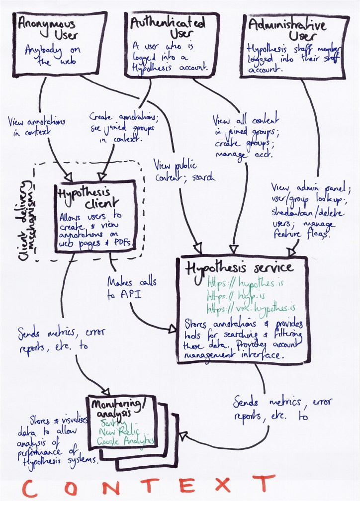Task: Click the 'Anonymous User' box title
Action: coord(48,30)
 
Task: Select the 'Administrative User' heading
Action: coord(284,29)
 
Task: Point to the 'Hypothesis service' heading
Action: coord(239,268)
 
